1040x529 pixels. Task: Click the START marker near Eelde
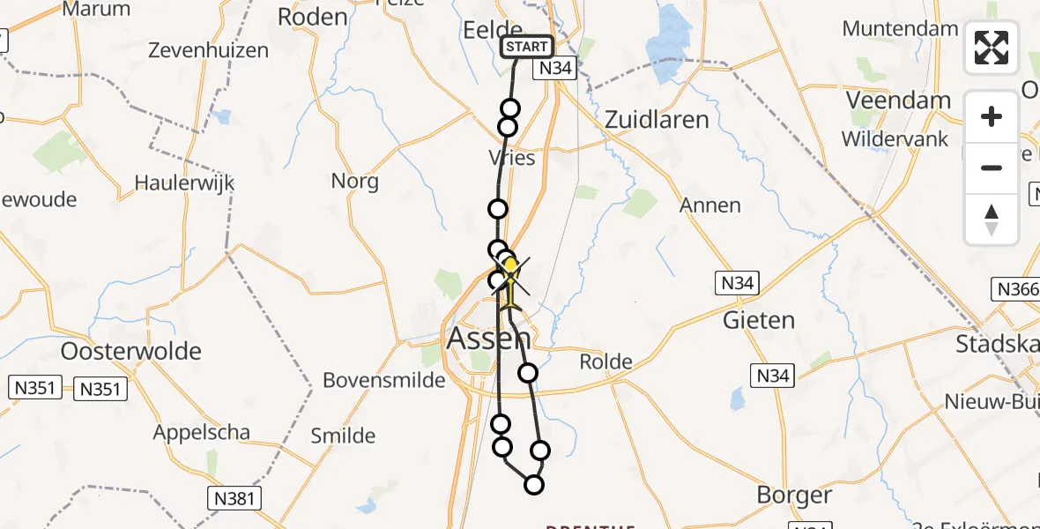(x=527, y=47)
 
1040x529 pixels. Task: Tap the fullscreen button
(x=992, y=48)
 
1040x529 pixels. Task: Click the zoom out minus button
(x=992, y=168)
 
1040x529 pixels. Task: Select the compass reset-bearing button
(x=992, y=219)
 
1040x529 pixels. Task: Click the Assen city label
(x=489, y=338)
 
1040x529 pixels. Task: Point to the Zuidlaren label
(x=657, y=120)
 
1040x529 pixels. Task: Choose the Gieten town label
(x=759, y=320)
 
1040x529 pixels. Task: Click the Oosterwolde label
(x=131, y=351)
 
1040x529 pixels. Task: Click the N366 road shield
(x=1014, y=288)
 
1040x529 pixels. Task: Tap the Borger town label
(x=794, y=495)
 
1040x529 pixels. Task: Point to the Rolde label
(x=605, y=361)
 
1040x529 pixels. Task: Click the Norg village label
(x=354, y=182)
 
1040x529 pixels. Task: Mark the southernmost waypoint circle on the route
(x=533, y=484)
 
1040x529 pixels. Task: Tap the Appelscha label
(x=201, y=433)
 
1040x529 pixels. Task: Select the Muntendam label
(x=900, y=28)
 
